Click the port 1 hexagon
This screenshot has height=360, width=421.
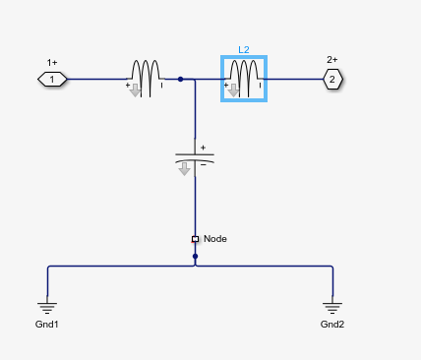point(52,79)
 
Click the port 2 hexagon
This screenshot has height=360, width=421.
point(332,79)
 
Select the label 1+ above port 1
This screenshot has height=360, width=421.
point(52,60)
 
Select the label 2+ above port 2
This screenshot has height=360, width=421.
point(332,60)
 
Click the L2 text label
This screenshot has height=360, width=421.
point(244,48)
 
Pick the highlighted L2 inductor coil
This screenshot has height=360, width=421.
point(244,75)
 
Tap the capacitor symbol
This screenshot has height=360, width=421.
point(195,156)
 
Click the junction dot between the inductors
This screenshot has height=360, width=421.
point(180,79)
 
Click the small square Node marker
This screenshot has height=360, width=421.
point(195,239)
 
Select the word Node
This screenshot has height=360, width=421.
point(215,239)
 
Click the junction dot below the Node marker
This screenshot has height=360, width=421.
point(195,257)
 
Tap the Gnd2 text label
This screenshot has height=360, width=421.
point(332,325)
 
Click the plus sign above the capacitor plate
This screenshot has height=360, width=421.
point(204,148)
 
